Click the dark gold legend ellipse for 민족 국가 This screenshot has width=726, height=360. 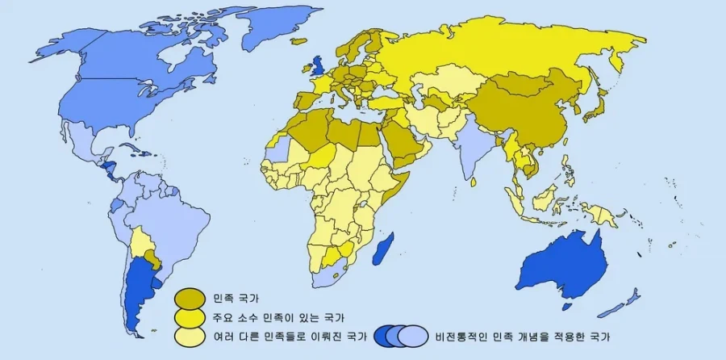click(x=190, y=297)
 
